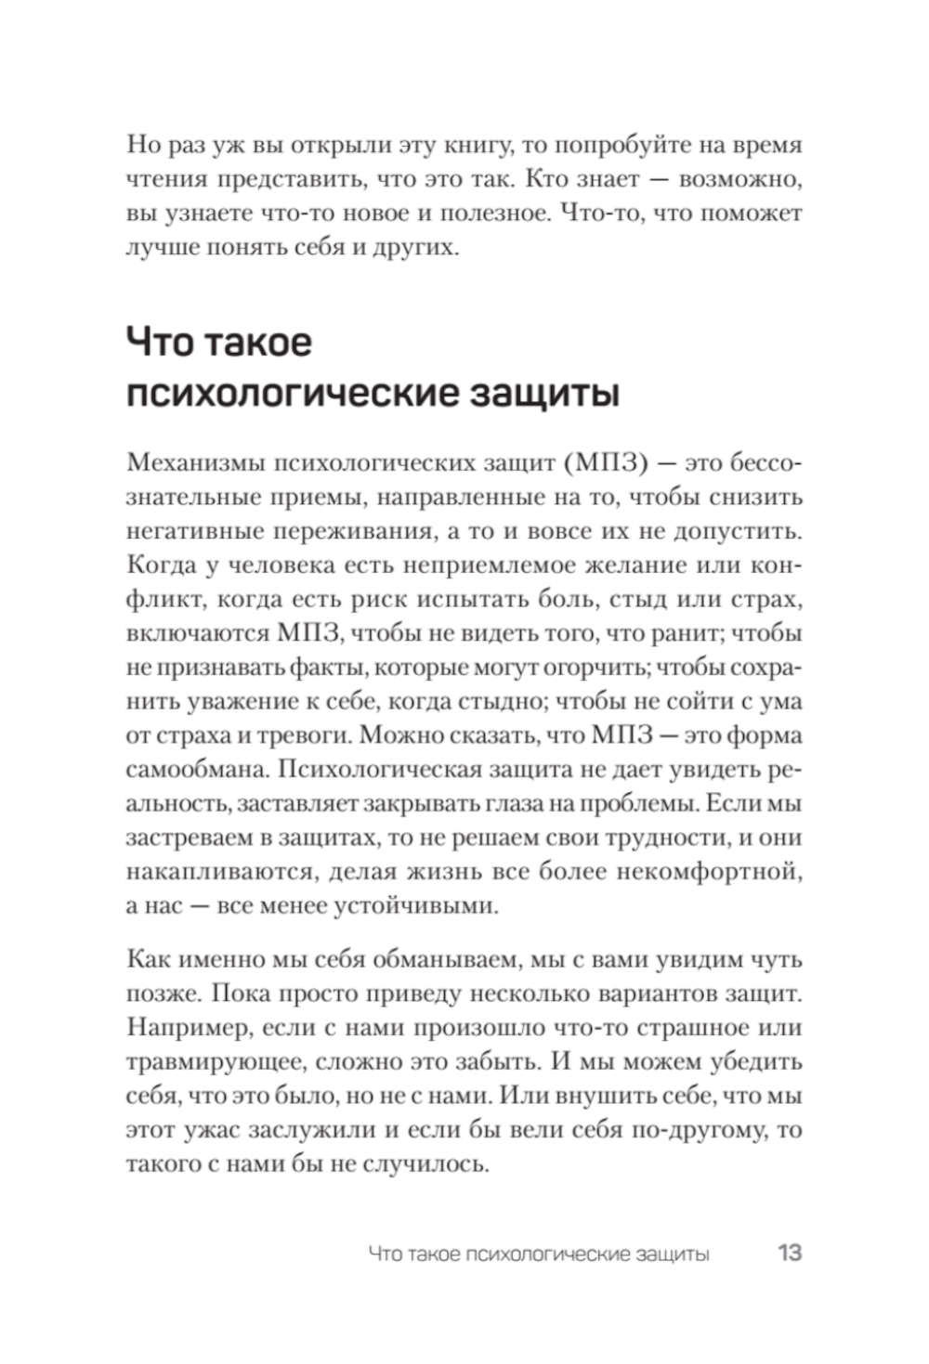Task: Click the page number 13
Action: [x=789, y=1253]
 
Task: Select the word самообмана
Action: [x=194, y=770]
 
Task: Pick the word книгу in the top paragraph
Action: [x=467, y=145]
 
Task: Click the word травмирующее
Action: [x=216, y=1062]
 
